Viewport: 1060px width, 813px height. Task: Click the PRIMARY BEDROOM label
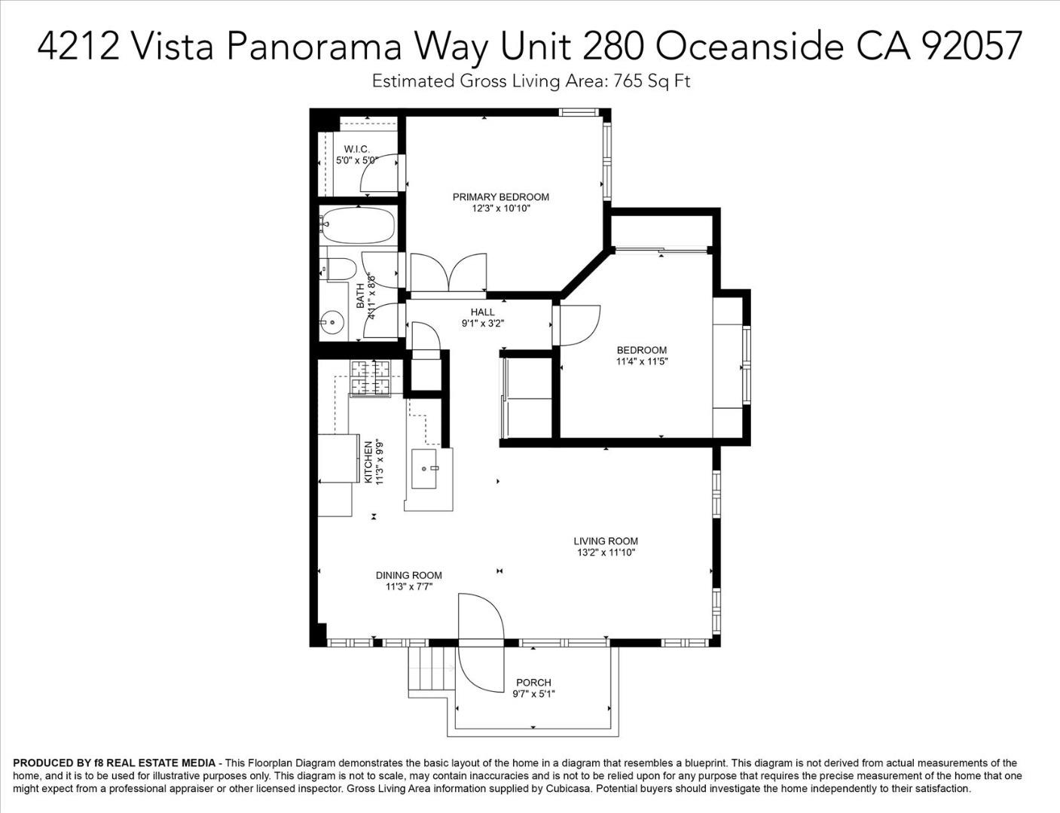click(500, 197)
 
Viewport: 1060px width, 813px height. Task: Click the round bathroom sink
click(331, 323)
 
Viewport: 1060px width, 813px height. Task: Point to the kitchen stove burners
click(371, 378)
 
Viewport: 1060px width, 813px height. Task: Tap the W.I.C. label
click(356, 149)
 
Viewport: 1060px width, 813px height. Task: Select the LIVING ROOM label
click(605, 540)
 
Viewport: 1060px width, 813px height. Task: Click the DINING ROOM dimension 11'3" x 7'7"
click(408, 586)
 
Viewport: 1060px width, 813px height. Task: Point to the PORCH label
click(533, 683)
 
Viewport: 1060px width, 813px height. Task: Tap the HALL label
click(482, 312)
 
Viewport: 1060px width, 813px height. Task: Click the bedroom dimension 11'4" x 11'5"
click(641, 361)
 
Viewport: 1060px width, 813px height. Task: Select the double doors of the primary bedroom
click(448, 273)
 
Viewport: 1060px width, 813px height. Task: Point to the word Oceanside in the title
click(749, 46)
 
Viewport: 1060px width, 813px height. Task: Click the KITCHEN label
click(368, 461)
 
